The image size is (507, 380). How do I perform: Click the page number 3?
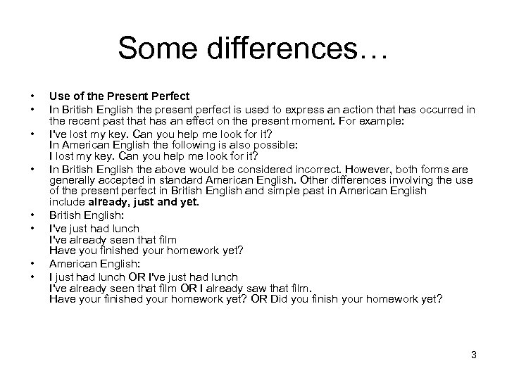point(474,355)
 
